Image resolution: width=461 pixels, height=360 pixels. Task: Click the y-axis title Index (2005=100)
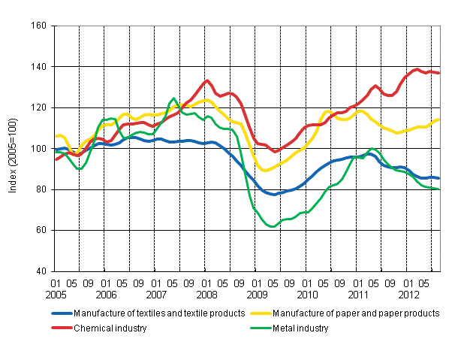coord(13,149)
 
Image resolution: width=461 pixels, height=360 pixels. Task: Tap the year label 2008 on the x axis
coord(206,295)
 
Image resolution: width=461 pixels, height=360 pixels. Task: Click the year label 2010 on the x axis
coord(306,295)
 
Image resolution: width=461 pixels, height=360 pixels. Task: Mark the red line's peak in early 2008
coord(206,81)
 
